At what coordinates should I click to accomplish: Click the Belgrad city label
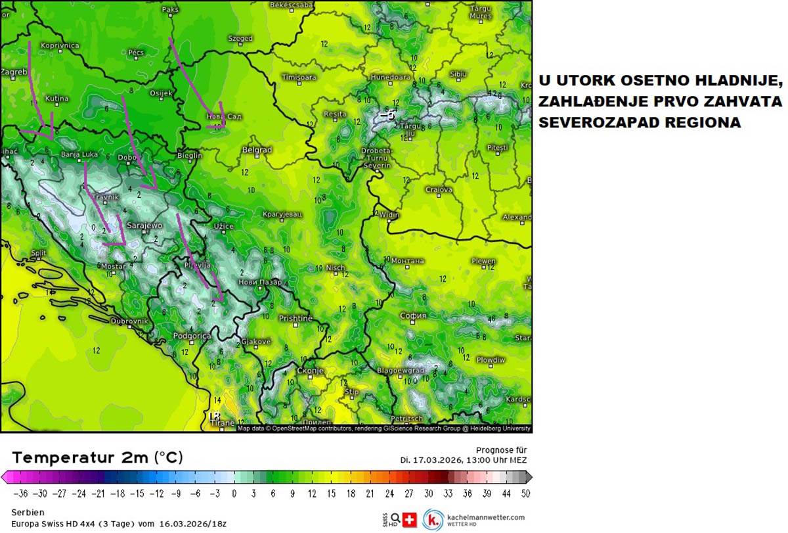[x=257, y=151]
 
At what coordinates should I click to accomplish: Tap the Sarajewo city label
[x=144, y=225]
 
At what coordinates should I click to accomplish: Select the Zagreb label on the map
[x=13, y=72]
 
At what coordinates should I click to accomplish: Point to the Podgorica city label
[x=192, y=336]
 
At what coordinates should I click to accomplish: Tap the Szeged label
[x=240, y=39]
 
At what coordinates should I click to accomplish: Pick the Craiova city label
[x=439, y=190]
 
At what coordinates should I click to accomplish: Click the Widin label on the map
[x=389, y=215]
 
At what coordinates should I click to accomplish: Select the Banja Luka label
[x=79, y=155]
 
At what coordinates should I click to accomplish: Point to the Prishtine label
[x=295, y=318]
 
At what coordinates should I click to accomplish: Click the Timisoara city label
[x=299, y=78]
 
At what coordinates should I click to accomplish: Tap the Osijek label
[x=161, y=93]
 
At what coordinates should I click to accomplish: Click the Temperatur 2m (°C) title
[x=97, y=457]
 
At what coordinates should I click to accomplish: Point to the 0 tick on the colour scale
[x=234, y=493]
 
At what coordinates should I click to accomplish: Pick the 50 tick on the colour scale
[x=525, y=493]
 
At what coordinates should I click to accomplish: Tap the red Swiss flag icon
[x=410, y=519]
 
